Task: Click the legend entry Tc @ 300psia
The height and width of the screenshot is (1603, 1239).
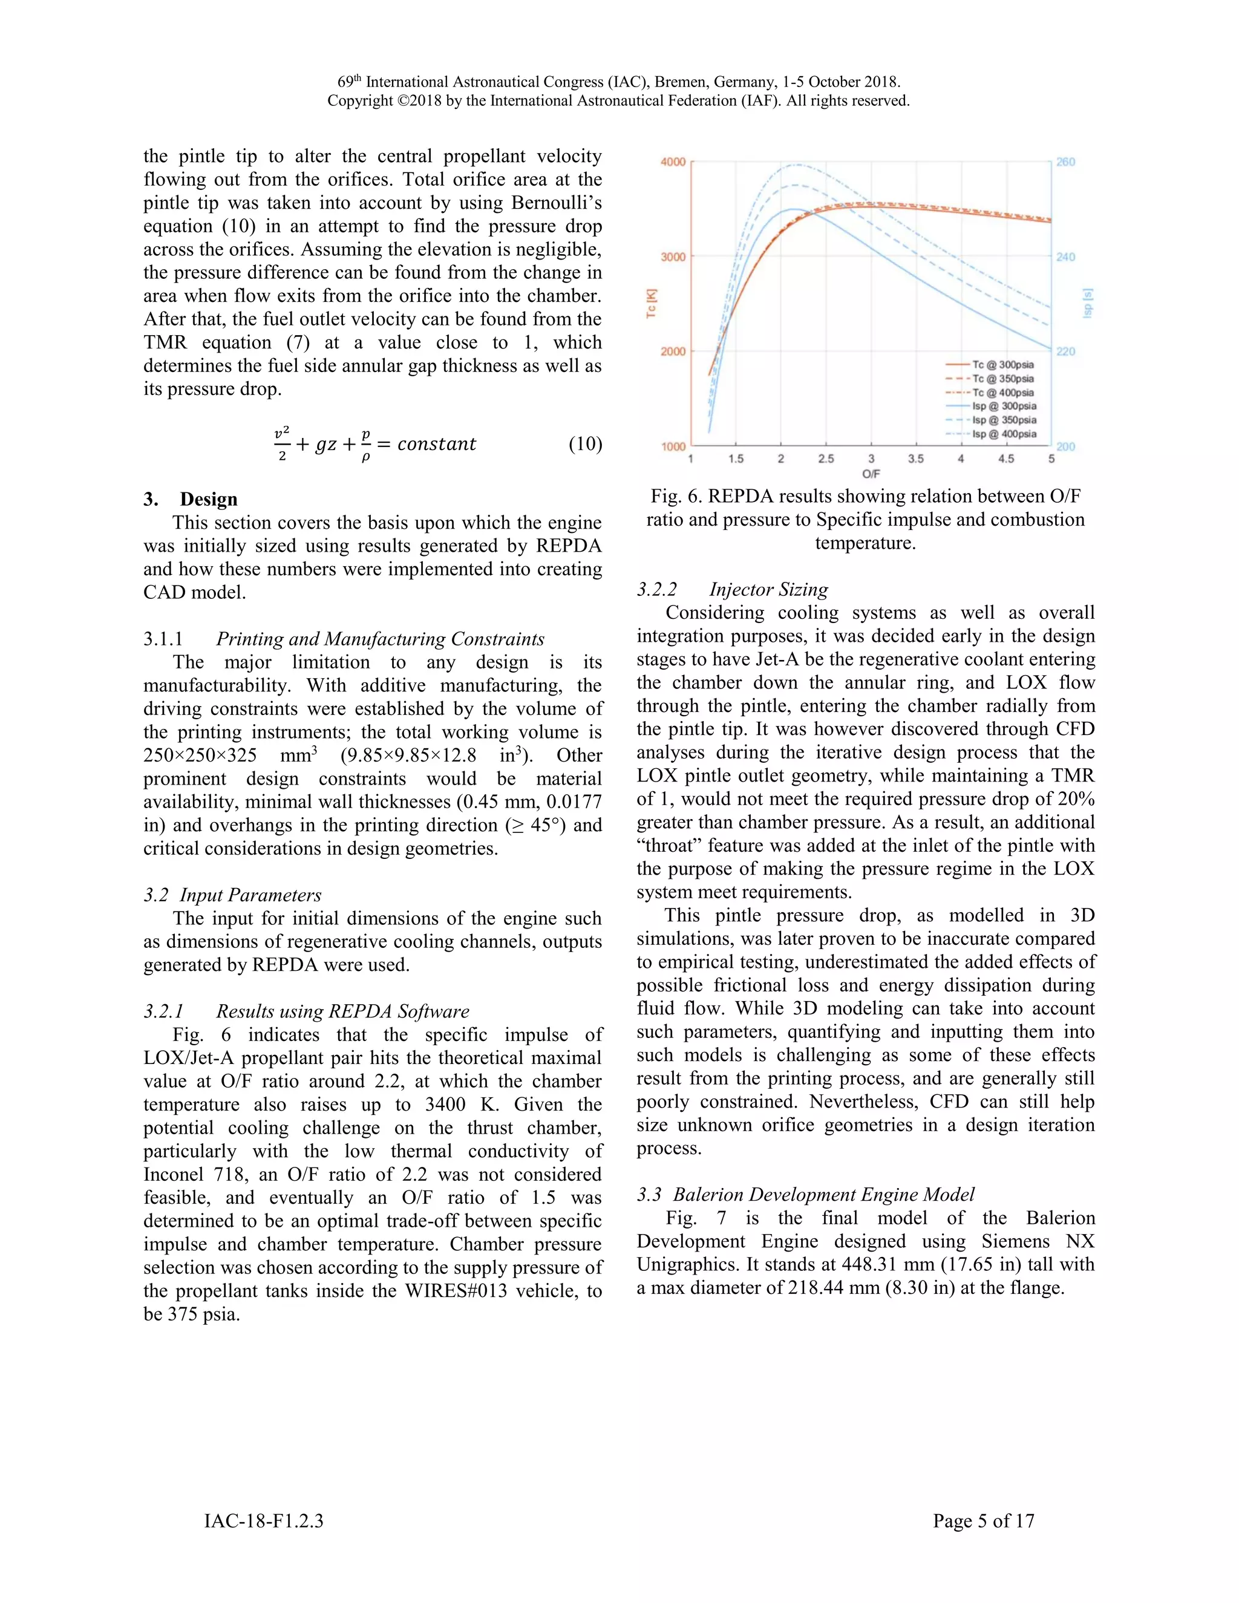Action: [1002, 365]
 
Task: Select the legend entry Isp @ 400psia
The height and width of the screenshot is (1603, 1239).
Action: [1004, 434]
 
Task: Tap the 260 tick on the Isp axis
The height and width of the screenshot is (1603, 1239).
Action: [1066, 162]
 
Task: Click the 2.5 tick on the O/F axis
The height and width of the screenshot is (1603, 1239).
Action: [826, 459]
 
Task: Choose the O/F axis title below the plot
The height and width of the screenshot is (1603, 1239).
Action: [871, 474]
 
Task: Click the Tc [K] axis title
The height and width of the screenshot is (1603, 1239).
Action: [652, 303]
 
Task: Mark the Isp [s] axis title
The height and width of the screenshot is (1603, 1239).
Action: [1088, 303]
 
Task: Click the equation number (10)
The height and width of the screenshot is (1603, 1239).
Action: [585, 444]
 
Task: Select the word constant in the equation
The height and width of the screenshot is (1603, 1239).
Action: [437, 444]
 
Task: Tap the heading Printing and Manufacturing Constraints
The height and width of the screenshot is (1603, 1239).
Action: [379, 639]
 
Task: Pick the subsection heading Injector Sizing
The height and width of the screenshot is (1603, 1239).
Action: [768, 589]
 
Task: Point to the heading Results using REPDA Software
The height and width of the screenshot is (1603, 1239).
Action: [342, 1011]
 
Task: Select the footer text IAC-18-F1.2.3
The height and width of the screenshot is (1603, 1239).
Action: [264, 1521]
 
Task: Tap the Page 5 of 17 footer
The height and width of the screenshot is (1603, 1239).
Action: [983, 1521]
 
